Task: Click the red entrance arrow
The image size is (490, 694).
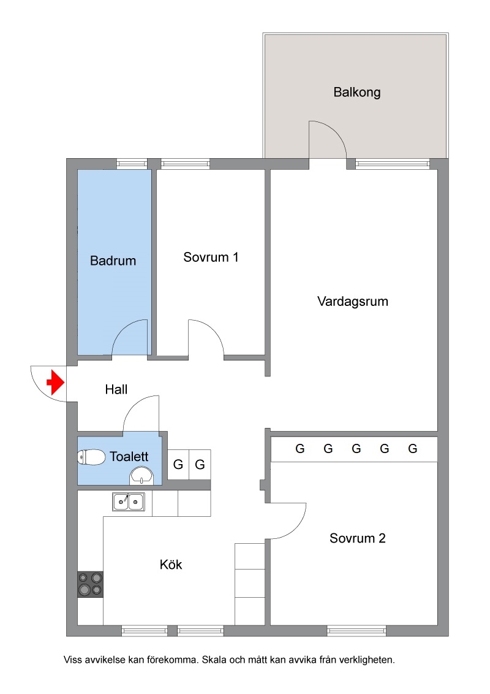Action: [56, 383]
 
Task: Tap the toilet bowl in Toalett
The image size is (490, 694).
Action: [91, 457]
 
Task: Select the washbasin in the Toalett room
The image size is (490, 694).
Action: [141, 477]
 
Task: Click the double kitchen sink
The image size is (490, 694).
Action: [128, 502]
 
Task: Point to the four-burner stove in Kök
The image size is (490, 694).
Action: [90, 584]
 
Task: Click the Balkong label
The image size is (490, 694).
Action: [357, 92]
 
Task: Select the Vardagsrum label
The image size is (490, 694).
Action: [352, 302]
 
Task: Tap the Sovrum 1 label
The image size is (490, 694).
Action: [211, 257]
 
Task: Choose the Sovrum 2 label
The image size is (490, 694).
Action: [357, 538]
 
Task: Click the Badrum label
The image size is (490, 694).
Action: [113, 261]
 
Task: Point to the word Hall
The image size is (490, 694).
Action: [116, 389]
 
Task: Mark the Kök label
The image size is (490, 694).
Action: [171, 564]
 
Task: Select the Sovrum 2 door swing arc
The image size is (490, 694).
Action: [295, 528]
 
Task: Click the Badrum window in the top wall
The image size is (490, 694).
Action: [132, 164]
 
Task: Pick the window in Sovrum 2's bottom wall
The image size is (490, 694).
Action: [356, 631]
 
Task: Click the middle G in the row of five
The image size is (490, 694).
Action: [356, 449]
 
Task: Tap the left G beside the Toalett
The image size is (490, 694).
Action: [178, 464]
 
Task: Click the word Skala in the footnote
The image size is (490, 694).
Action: [214, 660]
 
